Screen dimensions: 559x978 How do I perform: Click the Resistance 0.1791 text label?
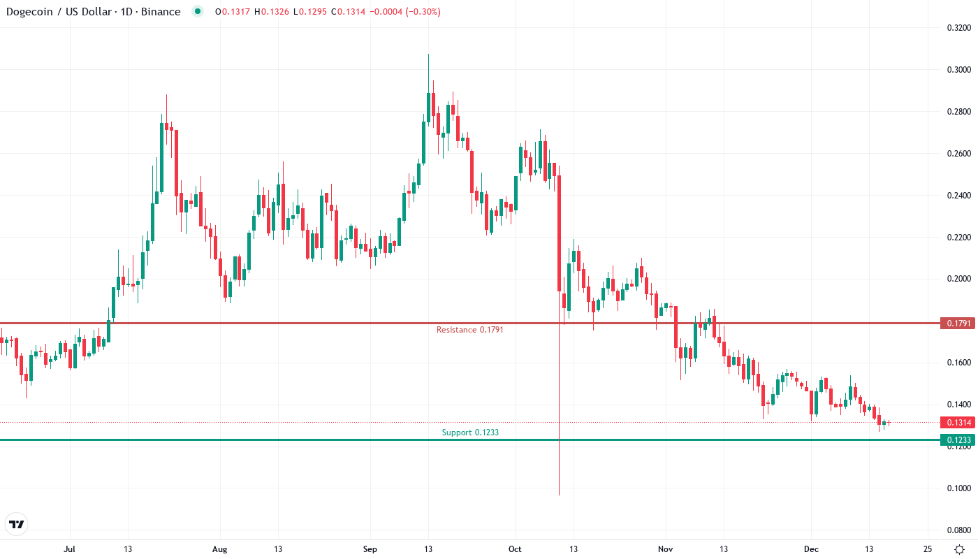tap(469, 330)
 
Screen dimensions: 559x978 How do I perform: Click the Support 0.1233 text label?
tap(470, 433)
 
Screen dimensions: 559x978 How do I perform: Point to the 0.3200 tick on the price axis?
tap(958, 28)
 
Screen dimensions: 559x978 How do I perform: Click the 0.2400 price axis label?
tap(958, 196)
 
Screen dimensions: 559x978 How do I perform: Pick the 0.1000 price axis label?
tap(958, 488)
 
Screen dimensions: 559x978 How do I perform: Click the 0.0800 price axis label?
tap(958, 530)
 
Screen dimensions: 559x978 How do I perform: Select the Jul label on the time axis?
tap(69, 549)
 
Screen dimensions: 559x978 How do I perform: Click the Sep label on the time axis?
tap(370, 549)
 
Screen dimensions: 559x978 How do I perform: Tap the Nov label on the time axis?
tap(666, 549)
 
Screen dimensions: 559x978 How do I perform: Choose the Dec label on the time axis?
tap(811, 549)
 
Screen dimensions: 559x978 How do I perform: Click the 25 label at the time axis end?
tap(927, 549)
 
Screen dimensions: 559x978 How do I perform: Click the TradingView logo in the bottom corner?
tap(17, 524)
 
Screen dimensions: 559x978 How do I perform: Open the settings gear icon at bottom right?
tap(960, 549)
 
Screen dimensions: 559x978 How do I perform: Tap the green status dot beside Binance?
tap(198, 12)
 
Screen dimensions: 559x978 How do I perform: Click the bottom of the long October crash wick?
tap(560, 495)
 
